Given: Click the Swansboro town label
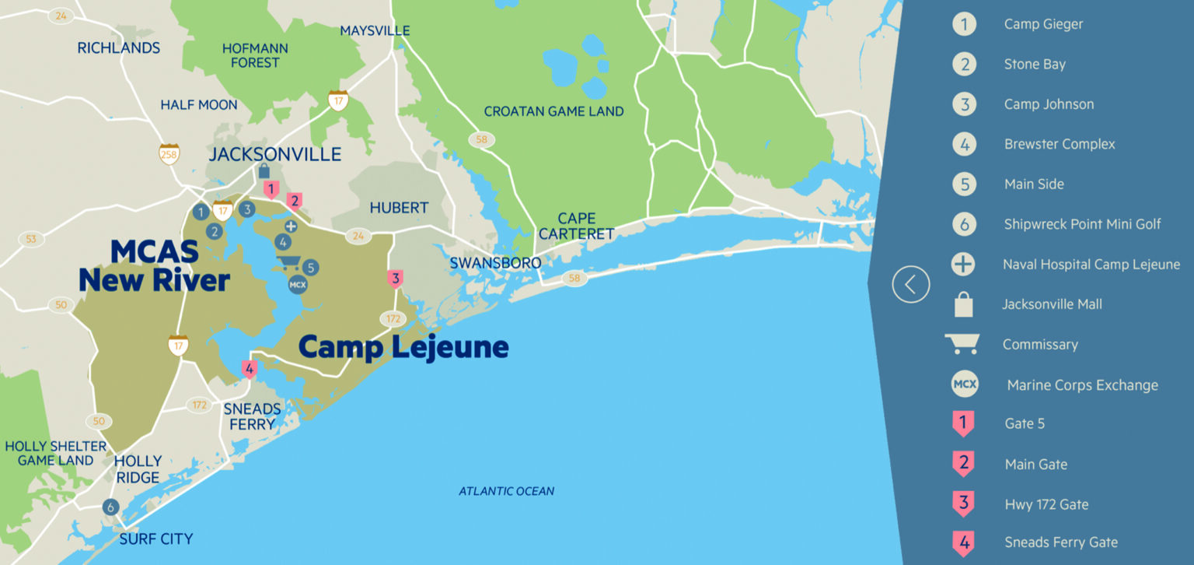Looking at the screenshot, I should tap(495, 263).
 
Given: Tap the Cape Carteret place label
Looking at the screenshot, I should tap(576, 226).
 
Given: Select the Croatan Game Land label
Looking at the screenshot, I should tap(553, 111).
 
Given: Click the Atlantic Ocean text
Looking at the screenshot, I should tap(506, 491).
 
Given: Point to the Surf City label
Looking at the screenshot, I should tap(155, 539).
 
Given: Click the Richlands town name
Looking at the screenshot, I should tap(118, 47).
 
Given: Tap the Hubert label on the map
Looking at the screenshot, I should tap(399, 208).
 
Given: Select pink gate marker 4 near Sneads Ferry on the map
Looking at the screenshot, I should tap(250, 369).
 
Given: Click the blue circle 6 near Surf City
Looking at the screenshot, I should tap(110, 507).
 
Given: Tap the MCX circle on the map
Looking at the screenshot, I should tap(297, 285).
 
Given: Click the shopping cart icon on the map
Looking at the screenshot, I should tap(288, 262).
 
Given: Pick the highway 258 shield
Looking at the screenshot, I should tap(169, 153).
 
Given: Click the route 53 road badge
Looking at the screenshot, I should tap(30, 239).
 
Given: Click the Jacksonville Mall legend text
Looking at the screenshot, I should tap(1052, 304).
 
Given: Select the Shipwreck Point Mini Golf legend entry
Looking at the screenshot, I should tap(1082, 224).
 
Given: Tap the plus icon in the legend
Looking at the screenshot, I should tap(963, 265).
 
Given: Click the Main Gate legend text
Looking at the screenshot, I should tap(1035, 465).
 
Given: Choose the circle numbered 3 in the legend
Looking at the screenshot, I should tap(964, 104).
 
